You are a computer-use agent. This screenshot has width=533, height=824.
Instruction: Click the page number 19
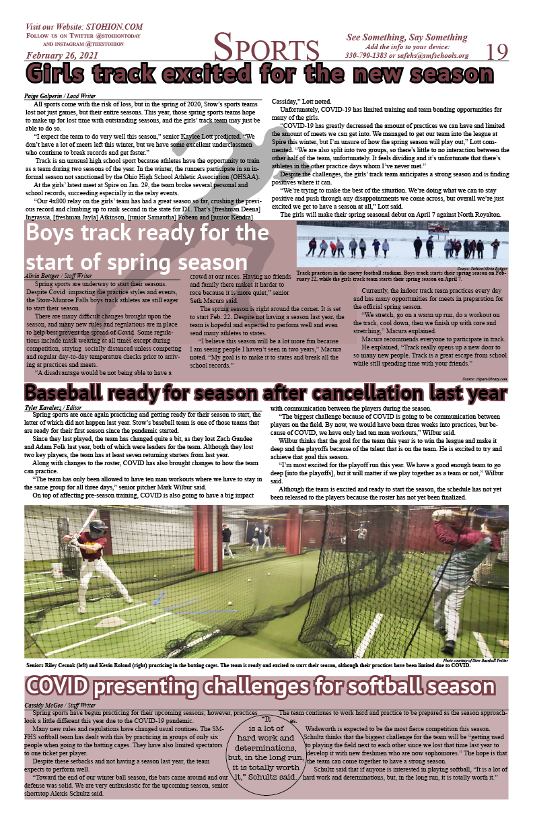pos(497,51)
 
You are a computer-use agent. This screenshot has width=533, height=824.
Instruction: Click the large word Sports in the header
pos(266,49)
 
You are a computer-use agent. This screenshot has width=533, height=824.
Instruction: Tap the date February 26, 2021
pos(61,55)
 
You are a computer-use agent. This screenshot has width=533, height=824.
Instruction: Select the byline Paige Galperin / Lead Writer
pos(60,96)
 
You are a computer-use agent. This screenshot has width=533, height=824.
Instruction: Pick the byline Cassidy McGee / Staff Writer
pos(59,705)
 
